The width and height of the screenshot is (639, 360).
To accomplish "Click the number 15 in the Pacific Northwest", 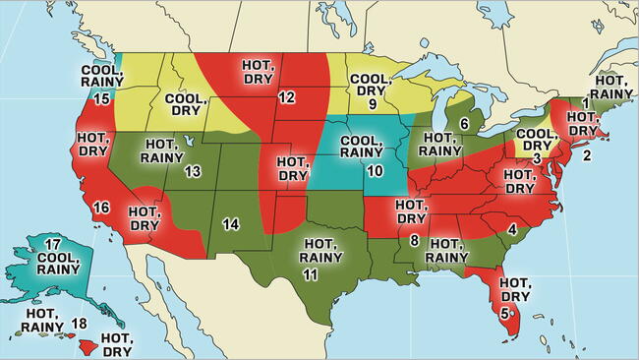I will (101, 99).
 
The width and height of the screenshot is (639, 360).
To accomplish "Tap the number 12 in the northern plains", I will (286, 97).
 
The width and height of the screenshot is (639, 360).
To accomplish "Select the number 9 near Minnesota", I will (373, 103).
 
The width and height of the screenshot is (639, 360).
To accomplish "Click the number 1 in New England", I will (586, 102).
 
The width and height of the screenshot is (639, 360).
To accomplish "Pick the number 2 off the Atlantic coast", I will (588, 154).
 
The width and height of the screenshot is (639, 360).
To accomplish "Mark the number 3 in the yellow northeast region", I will (536, 158).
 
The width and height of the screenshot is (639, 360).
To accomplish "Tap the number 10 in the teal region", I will (375, 171).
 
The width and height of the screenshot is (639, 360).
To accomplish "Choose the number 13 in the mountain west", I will (193, 172).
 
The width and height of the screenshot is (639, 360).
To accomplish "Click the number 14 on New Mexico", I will (231, 224).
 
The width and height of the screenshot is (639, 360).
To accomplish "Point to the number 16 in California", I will (100, 208).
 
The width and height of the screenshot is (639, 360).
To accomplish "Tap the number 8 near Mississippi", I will (415, 240).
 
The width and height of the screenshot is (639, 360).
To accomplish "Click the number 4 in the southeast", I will (512, 229).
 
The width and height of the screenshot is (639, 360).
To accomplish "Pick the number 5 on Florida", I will (504, 314).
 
